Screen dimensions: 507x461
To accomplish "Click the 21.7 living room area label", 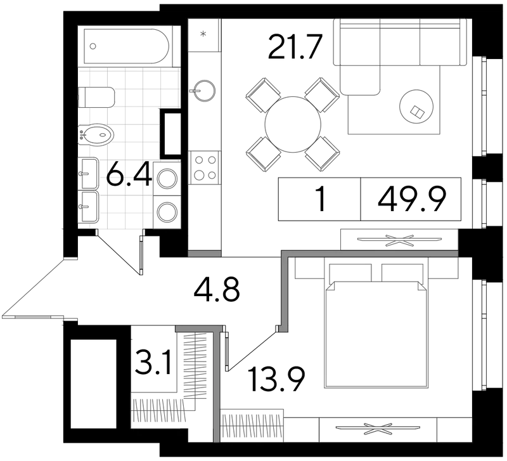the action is pos(295,47).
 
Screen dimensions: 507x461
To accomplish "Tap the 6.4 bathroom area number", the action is pos(129,174).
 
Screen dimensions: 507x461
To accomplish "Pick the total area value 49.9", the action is pos(411,199).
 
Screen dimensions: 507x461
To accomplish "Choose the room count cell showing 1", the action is pos(321,199).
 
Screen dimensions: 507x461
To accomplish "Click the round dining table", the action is pos(293,124).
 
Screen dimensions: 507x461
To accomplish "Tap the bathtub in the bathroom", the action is pos(126,46).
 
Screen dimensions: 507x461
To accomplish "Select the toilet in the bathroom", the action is pos(97,98).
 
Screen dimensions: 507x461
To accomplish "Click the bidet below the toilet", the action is pos(96,135).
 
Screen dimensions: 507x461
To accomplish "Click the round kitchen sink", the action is pos(203,90).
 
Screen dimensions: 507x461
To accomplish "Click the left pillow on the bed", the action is pos(350,273).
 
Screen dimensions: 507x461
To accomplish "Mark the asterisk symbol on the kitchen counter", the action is pos(203,34).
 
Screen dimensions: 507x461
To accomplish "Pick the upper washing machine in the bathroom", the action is pos(167,179).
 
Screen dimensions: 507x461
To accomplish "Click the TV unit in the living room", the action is pos(399,240).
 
